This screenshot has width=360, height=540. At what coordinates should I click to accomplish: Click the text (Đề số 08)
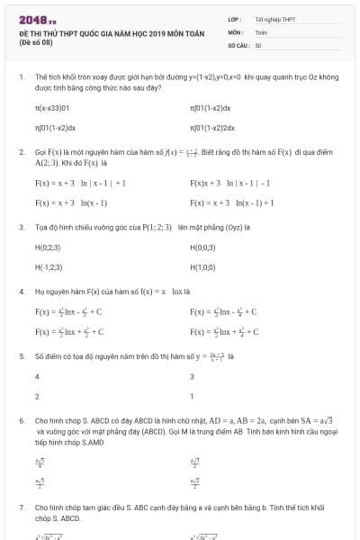(x=35, y=41)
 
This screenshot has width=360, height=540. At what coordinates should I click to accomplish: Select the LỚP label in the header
(x=235, y=18)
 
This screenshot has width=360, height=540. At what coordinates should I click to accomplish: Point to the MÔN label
(x=236, y=31)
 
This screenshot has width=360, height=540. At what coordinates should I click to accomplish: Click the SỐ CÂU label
(x=238, y=43)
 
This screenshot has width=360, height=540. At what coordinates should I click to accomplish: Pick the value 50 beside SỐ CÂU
(x=258, y=43)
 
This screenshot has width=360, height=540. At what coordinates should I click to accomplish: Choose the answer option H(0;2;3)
(x=48, y=247)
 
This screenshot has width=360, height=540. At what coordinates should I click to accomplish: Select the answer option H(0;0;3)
(x=203, y=247)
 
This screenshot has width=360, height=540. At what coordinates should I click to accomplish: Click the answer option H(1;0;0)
(x=203, y=266)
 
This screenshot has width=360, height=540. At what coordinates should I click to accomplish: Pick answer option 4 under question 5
(x=37, y=376)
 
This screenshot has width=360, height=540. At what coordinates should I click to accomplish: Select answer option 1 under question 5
(x=193, y=396)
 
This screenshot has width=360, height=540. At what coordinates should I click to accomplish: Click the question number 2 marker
(x=21, y=153)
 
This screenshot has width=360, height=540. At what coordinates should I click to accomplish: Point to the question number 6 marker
(x=21, y=420)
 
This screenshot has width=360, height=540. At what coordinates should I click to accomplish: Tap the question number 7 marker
(x=21, y=508)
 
